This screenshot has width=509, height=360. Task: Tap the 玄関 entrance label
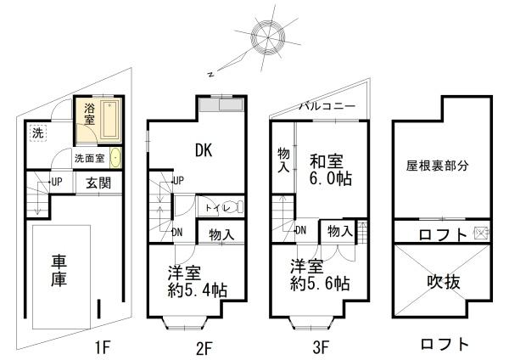tap(92, 182)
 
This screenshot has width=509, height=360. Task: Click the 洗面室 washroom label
tap(88, 158)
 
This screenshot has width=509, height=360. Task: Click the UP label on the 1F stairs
tap(57, 182)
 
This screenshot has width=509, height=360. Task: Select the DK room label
tap(204, 151)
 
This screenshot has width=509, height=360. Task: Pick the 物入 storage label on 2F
tap(221, 234)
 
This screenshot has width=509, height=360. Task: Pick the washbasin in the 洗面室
tap(116, 158)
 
